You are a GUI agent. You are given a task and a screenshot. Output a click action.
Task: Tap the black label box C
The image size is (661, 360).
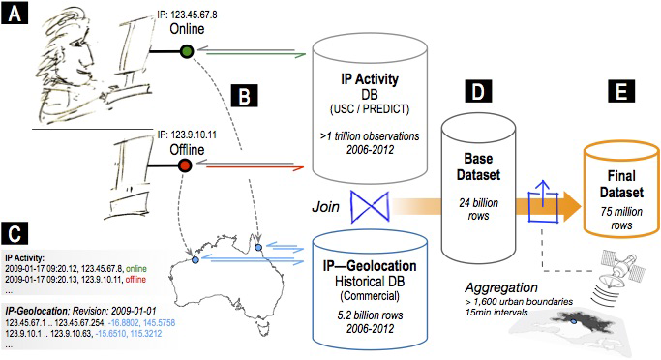[15, 234]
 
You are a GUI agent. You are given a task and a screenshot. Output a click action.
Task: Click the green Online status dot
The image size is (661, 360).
[186, 50]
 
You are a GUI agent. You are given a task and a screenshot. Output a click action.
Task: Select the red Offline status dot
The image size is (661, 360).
[186, 166]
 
